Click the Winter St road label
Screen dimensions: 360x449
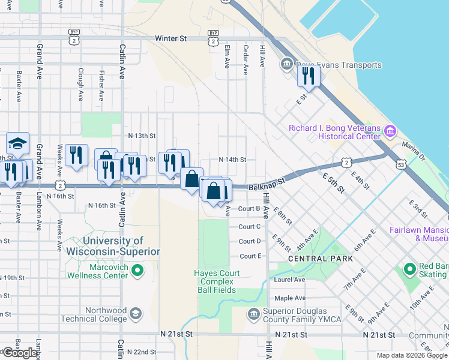[170, 38]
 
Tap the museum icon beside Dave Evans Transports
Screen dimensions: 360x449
[286, 64]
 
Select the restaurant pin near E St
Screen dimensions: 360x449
[309, 76]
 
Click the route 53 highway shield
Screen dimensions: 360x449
[400, 163]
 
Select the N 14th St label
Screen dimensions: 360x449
[232, 160]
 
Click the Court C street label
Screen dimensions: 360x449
[249, 227]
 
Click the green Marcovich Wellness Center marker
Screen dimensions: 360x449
[137, 271]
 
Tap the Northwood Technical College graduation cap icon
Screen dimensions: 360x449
[137, 314]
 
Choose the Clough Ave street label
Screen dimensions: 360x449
[80, 84]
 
